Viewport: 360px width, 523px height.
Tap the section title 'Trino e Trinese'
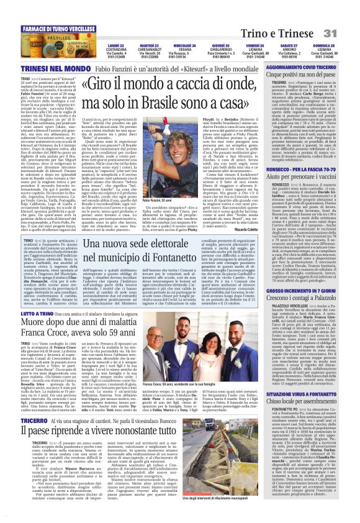(x=303, y=14)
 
